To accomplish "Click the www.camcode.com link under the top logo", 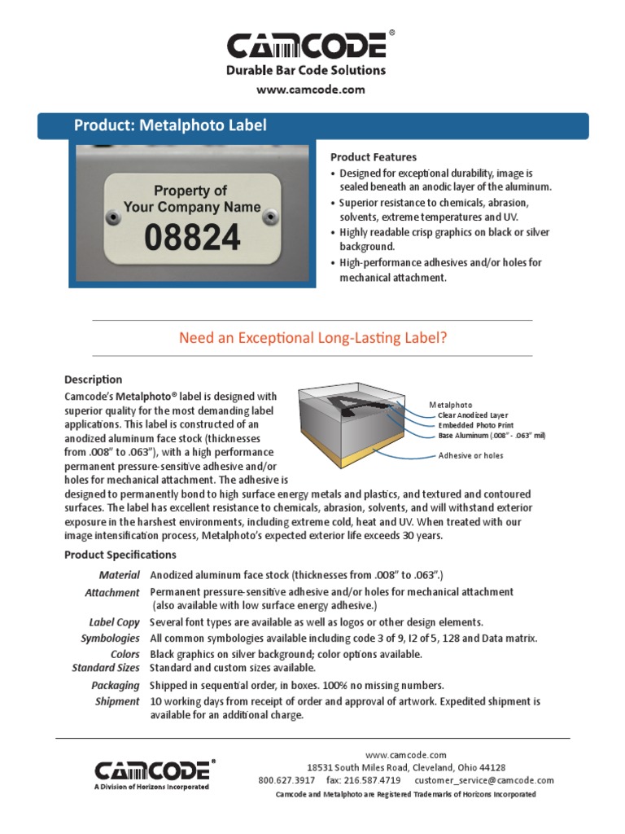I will pos(311,90).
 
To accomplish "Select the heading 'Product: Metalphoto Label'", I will pos(170,125).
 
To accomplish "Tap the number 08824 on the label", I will pos(192,238).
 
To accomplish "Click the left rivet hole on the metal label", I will pos(113,215).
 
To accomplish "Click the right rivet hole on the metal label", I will pos(271,215).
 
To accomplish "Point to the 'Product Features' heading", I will pos(373,156).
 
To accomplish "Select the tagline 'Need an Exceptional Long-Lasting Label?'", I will pos(312,338).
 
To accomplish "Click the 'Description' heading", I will pos(93,380).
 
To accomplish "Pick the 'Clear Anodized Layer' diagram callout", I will pos(473,415).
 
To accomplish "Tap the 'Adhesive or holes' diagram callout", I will pos(470,455).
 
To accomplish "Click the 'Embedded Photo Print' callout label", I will pos(476,425).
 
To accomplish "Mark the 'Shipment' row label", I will pos(117,701).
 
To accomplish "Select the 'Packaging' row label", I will pos(116,686).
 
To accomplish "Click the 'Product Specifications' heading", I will pos(120,555).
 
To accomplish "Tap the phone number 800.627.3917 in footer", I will pos(287,780).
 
